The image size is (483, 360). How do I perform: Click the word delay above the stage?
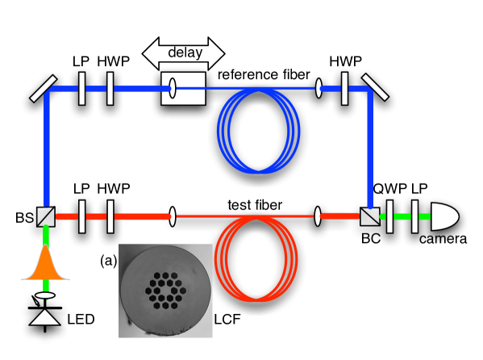pos(185,53)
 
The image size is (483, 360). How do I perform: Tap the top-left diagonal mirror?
pos(44,88)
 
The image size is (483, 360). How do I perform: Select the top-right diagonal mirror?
pos(375,88)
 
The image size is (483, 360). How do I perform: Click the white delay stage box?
pos(184,88)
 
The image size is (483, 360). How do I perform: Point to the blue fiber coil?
pos(258,129)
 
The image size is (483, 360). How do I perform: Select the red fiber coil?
pos(256,257)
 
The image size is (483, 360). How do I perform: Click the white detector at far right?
pos(444,216)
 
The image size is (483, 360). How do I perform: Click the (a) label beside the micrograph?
pos(108,260)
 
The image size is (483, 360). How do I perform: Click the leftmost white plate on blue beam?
pos(81,88)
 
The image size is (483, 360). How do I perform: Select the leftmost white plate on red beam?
pos(81,216)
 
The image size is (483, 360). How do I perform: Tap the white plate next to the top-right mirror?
pos(344,88)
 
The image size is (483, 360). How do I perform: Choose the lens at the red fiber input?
pos(173,216)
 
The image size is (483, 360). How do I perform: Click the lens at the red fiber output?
pos(318,216)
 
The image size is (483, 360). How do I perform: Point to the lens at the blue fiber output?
pos(319,88)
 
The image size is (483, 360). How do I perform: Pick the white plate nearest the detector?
pos(414,216)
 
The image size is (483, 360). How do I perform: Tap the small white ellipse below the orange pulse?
pos(45,295)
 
